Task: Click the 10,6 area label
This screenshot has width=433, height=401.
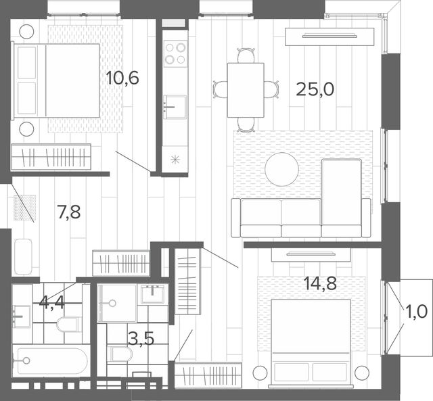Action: click(x=122, y=78)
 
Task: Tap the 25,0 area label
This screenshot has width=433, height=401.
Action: click(x=315, y=89)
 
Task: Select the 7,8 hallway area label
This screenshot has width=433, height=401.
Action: click(x=69, y=212)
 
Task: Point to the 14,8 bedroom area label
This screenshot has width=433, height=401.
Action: click(x=320, y=284)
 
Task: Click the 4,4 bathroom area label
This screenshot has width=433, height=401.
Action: click(x=52, y=302)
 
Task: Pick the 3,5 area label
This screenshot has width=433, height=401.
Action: click(x=141, y=339)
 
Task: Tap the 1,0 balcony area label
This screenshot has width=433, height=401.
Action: click(x=417, y=312)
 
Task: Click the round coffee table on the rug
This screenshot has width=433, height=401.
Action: click(x=281, y=169)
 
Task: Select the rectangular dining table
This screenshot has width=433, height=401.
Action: click(x=246, y=90)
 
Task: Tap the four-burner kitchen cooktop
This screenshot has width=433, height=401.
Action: click(x=175, y=53)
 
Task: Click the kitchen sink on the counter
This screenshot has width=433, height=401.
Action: click(x=175, y=107)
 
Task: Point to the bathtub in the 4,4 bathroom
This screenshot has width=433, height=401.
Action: click(x=51, y=360)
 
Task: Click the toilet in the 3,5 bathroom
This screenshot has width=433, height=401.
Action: click(x=120, y=354)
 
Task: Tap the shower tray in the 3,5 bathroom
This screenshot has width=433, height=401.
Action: click(x=116, y=304)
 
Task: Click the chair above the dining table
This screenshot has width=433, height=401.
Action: click(x=246, y=55)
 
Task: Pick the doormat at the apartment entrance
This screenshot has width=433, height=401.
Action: click(x=25, y=208)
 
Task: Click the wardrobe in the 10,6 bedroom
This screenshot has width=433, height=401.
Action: click(x=51, y=157)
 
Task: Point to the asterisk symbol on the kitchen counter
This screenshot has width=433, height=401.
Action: click(x=175, y=160)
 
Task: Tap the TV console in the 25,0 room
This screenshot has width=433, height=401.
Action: click(x=329, y=37)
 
